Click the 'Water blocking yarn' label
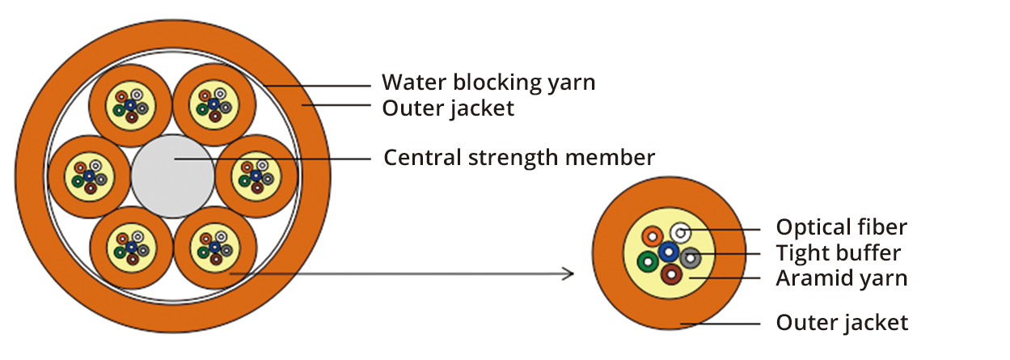point(488,83)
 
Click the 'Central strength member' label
point(518,157)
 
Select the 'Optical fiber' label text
point(841,227)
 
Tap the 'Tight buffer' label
point(838,252)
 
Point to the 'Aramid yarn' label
point(841,278)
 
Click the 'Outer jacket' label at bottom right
point(841,323)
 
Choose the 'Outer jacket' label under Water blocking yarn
point(448,108)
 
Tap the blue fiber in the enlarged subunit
point(669,252)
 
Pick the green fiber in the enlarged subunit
point(648,262)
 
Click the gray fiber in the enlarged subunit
point(690,259)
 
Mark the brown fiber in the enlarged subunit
point(670,275)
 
